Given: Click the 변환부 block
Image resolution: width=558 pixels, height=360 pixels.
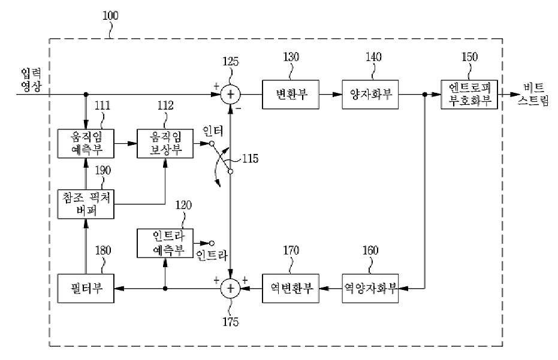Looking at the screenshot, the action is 290,94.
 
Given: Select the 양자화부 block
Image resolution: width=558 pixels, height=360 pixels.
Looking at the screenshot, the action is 370,94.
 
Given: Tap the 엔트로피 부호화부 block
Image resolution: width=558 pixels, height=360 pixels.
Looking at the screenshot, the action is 469,94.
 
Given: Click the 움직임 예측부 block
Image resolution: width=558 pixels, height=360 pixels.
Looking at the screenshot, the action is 86,143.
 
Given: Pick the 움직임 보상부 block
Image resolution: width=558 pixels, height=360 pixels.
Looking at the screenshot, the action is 165,143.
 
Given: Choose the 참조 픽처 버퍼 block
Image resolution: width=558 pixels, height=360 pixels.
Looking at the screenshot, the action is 86,204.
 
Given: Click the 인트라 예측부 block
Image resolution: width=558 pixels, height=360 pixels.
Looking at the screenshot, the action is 165,243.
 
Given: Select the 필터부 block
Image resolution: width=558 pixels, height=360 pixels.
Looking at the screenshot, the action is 86,289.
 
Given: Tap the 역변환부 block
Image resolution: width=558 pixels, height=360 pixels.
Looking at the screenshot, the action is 290,289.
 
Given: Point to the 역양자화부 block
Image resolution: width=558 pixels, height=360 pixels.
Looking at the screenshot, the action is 370,289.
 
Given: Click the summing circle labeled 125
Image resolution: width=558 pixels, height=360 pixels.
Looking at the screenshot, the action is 231,94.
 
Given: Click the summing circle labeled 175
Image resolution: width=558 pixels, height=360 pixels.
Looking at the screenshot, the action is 231,289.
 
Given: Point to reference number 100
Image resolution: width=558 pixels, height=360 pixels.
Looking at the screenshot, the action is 110,16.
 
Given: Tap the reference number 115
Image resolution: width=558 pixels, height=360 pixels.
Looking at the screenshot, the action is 250,159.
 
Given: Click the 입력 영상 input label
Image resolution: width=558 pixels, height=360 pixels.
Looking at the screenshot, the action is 31,80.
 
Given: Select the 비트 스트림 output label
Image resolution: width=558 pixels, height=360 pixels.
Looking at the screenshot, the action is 533,94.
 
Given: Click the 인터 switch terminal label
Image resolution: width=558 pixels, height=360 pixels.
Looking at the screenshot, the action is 212,131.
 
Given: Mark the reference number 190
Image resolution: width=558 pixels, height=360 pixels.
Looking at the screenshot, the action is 103,170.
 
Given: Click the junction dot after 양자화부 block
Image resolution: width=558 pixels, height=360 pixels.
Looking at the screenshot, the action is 424,94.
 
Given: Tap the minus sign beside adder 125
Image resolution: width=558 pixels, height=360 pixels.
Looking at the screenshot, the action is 239,108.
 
